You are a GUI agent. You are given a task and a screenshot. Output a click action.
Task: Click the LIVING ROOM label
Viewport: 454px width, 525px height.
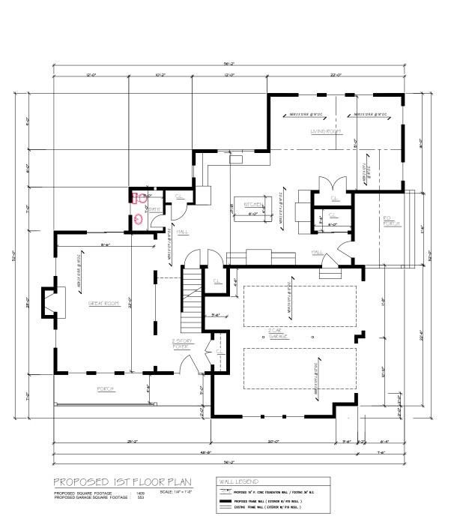(x=326, y=131)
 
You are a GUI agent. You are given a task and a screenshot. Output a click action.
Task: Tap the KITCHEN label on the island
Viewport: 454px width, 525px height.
(x=251, y=204)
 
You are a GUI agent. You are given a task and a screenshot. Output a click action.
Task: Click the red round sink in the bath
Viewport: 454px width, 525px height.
(x=139, y=220)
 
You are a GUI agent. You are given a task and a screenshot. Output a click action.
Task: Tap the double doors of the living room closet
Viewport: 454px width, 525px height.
(x=330, y=184)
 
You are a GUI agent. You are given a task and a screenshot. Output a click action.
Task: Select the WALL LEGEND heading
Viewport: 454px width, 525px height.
(x=237, y=481)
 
